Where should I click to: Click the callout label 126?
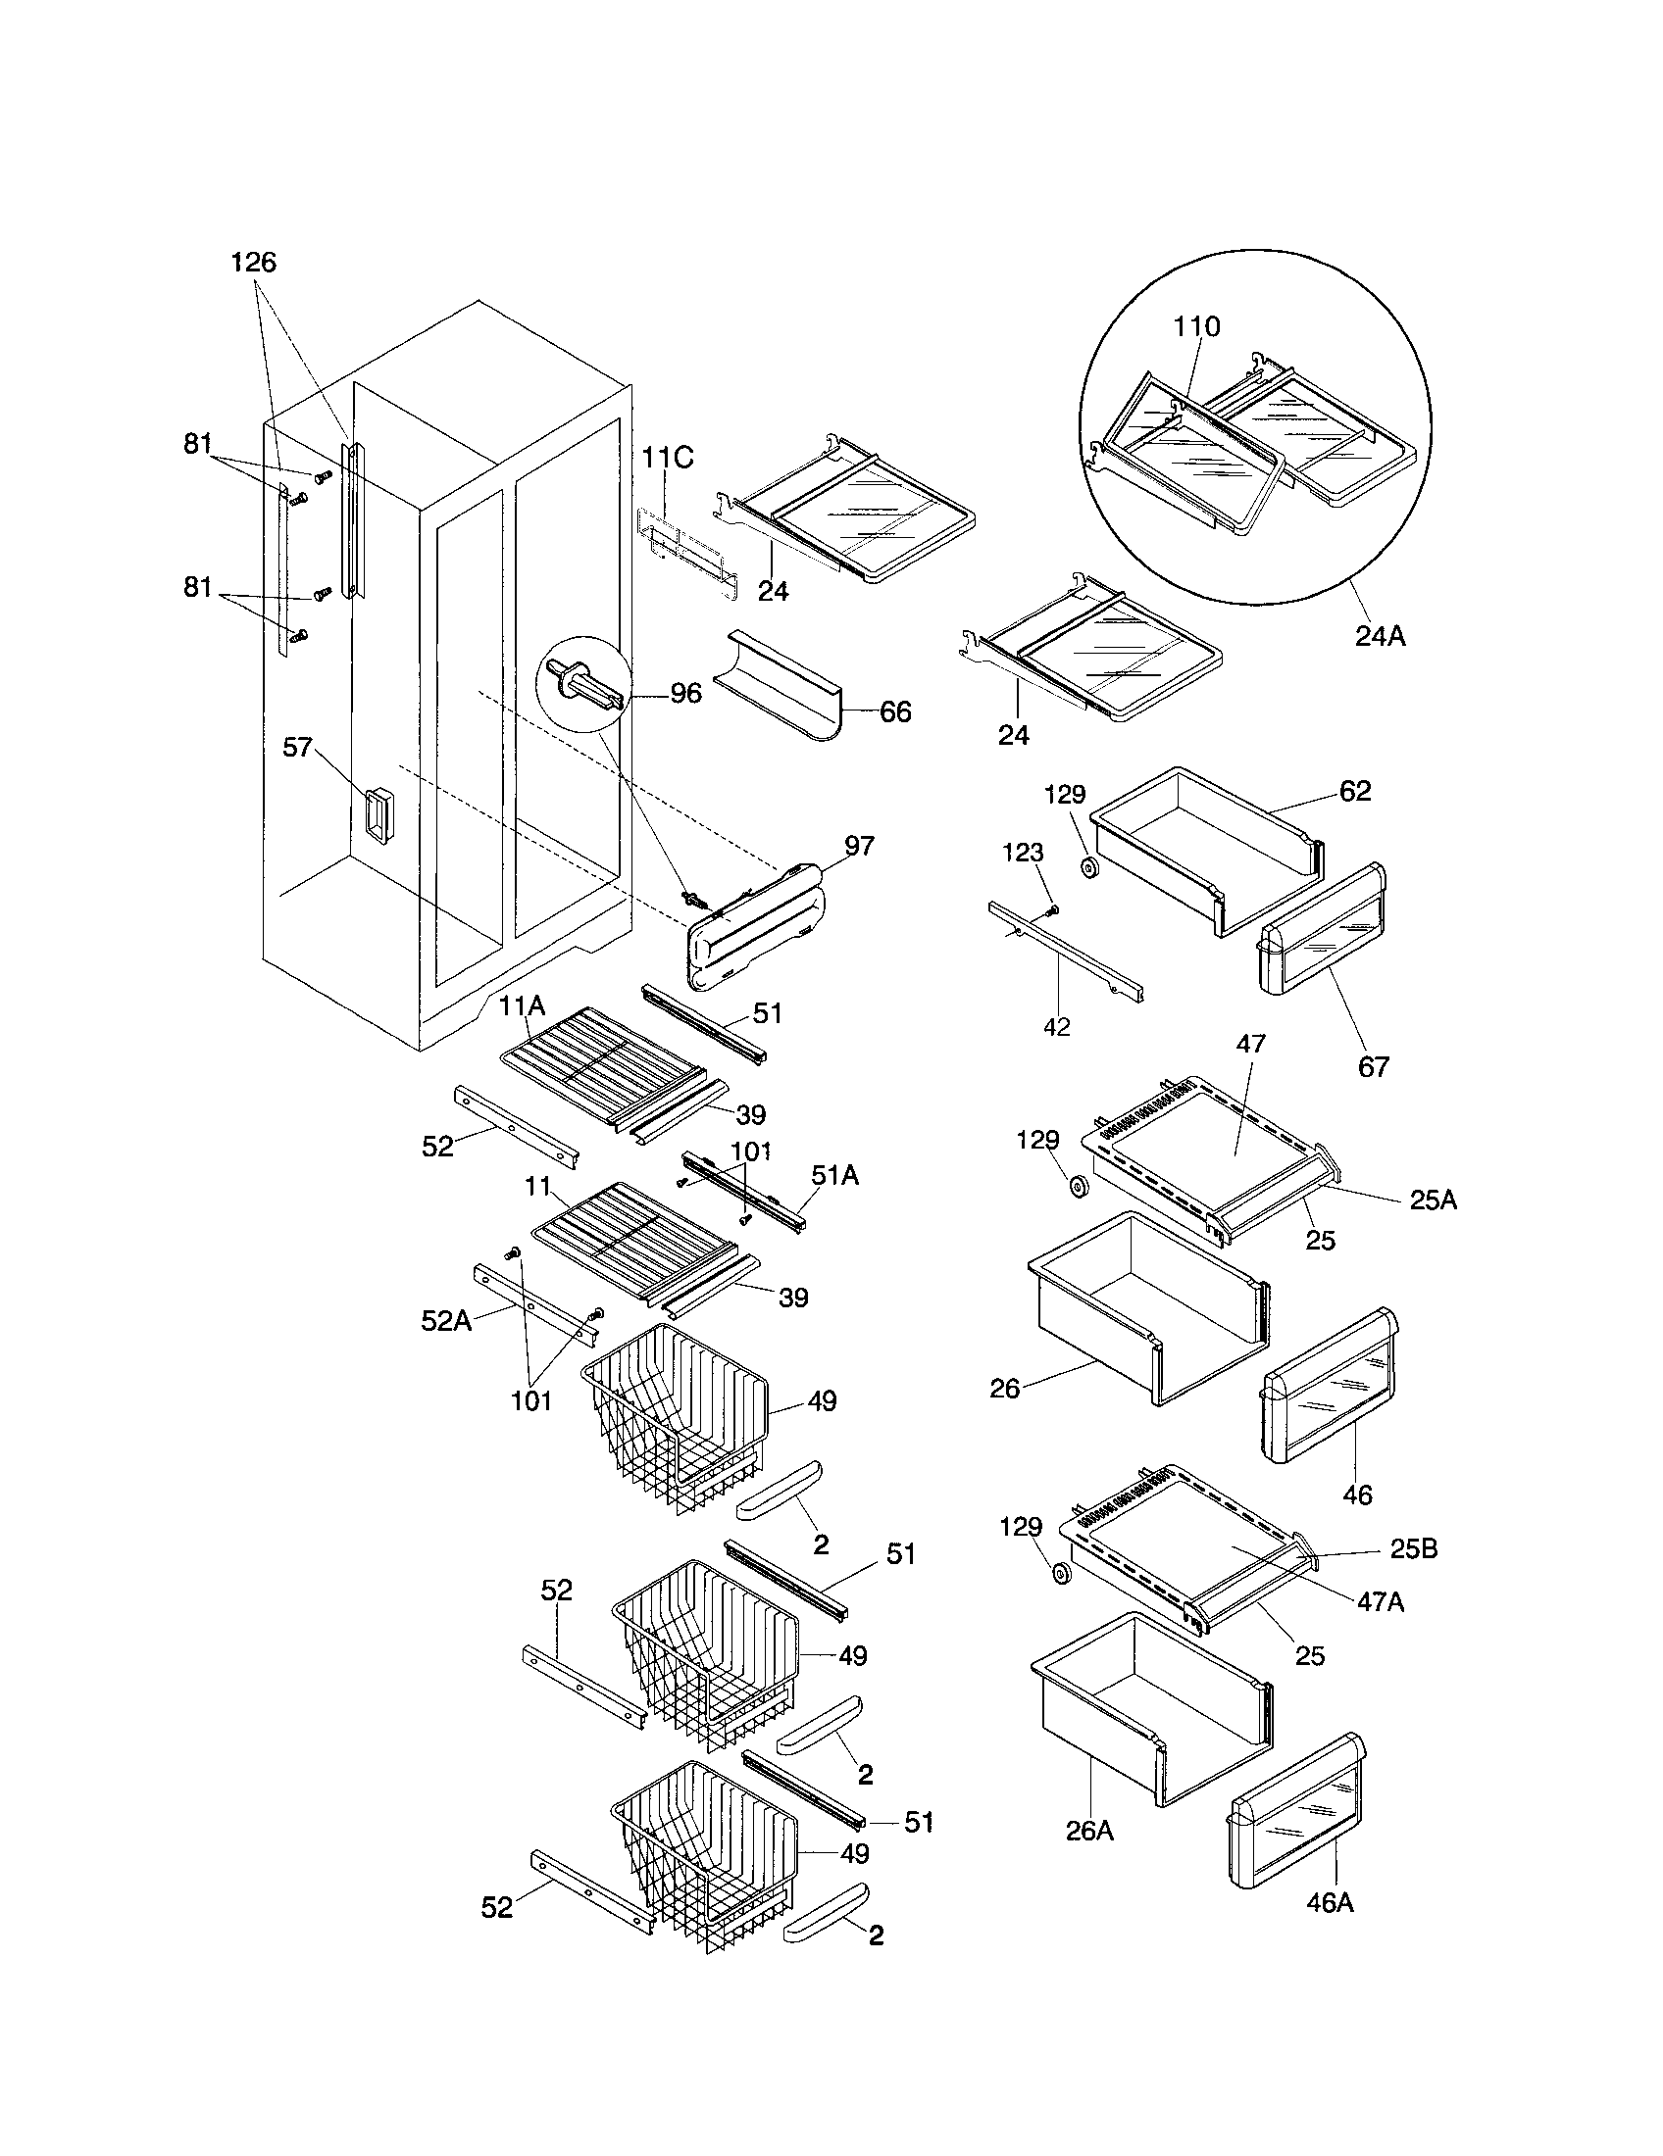click(254, 263)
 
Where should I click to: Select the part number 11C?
click(668, 458)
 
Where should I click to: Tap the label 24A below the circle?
click(1380, 637)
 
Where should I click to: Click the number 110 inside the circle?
click(1197, 326)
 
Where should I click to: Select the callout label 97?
click(859, 846)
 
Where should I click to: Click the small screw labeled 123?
click(1054, 907)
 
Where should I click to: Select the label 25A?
click(1432, 1200)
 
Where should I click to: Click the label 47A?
click(1380, 1602)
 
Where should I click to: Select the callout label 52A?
click(446, 1321)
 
